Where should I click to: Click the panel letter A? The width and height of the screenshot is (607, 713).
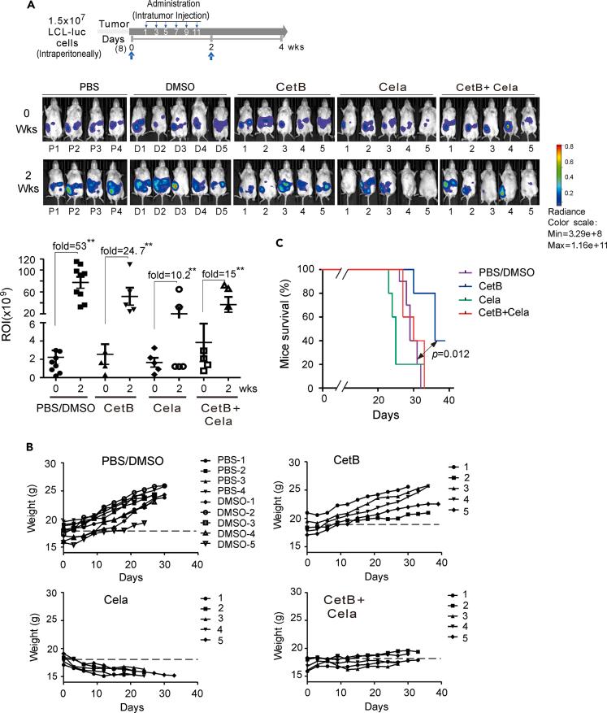pos(8,7)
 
